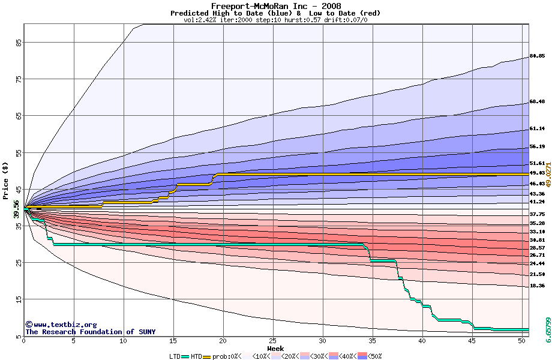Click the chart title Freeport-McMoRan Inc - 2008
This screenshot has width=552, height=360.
point(276,6)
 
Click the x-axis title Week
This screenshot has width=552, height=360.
point(275,349)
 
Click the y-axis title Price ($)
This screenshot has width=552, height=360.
point(6,181)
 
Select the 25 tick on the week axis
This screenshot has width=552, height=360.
point(273,341)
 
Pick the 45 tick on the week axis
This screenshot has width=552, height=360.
point(472,341)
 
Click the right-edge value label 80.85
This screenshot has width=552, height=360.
point(537,56)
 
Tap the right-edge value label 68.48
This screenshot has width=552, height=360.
point(537,102)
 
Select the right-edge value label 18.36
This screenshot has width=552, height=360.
point(537,286)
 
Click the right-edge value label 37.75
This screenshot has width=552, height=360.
point(537,214)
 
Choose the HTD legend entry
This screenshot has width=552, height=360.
point(196,356)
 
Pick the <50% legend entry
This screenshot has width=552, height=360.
point(375,356)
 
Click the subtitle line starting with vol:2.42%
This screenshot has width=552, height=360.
point(275,20)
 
